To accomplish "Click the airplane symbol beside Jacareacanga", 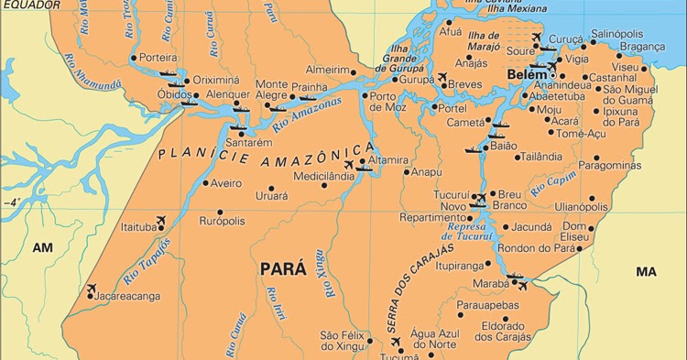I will click(91, 289).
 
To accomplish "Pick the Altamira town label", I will click(388, 159).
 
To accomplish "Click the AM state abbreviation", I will click(43, 247).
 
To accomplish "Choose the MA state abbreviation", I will click(647, 272).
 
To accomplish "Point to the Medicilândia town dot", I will click(323, 185).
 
